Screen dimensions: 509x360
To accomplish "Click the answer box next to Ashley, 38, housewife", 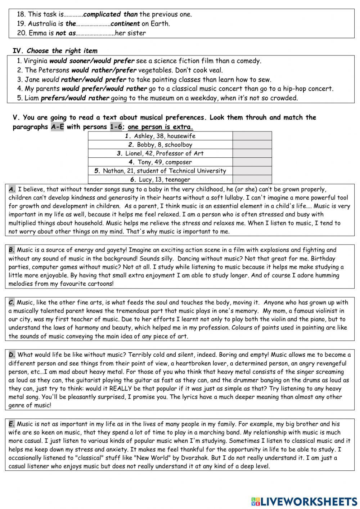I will pyautogui.click(x=252, y=136).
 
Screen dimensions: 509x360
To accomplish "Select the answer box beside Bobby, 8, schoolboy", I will pyautogui.click(x=252, y=144).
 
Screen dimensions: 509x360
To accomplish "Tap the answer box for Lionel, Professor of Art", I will pyautogui.click(x=252, y=153).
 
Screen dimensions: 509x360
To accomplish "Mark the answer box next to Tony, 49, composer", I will pyautogui.click(x=252, y=162).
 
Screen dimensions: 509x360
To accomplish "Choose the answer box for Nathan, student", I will pyautogui.click(x=252, y=171).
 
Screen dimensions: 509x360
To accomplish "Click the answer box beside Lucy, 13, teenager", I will pyautogui.click(x=252, y=179).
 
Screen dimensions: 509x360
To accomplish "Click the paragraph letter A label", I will pyautogui.click(x=12, y=189).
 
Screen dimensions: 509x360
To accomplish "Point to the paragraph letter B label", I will pyautogui.click(x=12, y=250).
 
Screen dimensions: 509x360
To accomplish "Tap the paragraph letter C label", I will pyautogui.click(x=12, y=303).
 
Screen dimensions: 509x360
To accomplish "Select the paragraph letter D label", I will pyautogui.click(x=12, y=355).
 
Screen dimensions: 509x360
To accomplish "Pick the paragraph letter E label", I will pyautogui.click(x=12, y=424).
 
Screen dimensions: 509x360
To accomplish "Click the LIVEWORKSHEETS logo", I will pyautogui.click(x=304, y=501).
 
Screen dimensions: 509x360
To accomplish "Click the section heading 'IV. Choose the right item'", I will pyautogui.click(x=55, y=51).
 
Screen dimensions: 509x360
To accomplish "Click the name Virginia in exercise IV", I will pyautogui.click(x=36, y=61).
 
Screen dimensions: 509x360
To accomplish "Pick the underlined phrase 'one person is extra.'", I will pyautogui.click(x=160, y=127).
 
